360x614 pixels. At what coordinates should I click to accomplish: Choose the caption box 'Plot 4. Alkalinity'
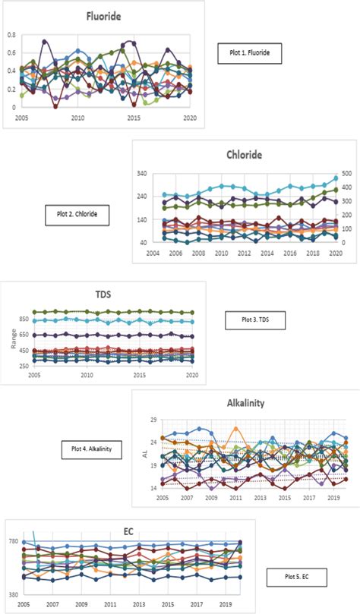90,449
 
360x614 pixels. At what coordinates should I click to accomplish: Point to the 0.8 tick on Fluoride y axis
10,35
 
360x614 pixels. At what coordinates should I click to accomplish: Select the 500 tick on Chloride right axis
345,174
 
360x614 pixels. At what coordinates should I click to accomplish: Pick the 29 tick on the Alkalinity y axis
151,420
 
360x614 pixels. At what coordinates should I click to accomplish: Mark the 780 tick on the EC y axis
14,541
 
